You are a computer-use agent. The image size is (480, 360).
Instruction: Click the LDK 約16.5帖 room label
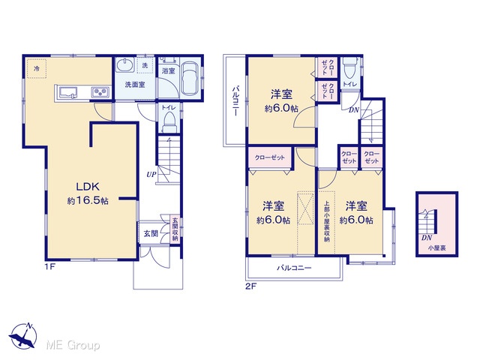pyautogui.click(x=88, y=193)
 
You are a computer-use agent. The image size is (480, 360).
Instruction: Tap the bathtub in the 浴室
pyautogui.click(x=190, y=79)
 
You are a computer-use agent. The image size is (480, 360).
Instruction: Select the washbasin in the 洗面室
pyautogui.click(x=124, y=64)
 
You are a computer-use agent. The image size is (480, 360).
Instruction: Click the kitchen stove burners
pyautogui.click(x=100, y=91)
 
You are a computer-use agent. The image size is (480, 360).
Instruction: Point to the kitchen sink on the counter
pyautogui.click(x=68, y=92)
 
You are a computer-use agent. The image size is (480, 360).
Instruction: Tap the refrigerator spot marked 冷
pyautogui.click(x=37, y=68)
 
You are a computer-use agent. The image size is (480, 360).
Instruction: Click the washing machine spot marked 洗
pyautogui.click(x=145, y=65)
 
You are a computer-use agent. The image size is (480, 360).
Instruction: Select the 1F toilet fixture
pyautogui.click(x=169, y=121)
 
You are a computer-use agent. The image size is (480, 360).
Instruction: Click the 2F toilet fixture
pyautogui.click(x=349, y=68)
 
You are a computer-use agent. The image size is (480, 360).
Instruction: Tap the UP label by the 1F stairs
pyautogui.click(x=151, y=175)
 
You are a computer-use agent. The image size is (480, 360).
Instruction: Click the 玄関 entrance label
pyautogui.click(x=151, y=233)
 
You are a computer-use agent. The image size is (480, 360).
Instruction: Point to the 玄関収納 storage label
pyautogui.click(x=175, y=229)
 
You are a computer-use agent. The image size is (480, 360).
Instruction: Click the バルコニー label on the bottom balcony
pyautogui.click(x=294, y=268)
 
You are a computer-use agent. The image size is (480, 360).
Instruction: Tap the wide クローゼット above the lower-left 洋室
pyautogui.click(x=270, y=157)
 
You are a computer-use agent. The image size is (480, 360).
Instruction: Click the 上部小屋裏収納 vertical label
pyautogui.click(x=327, y=221)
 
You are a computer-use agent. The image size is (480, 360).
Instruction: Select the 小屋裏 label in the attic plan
pyautogui.click(x=436, y=248)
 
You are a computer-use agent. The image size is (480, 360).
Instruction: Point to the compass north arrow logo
pyautogui.click(x=23, y=335)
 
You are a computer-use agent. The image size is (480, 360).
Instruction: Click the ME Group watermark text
pyautogui.click(x=73, y=345)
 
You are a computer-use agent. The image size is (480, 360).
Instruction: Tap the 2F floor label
pyautogui.click(x=250, y=286)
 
